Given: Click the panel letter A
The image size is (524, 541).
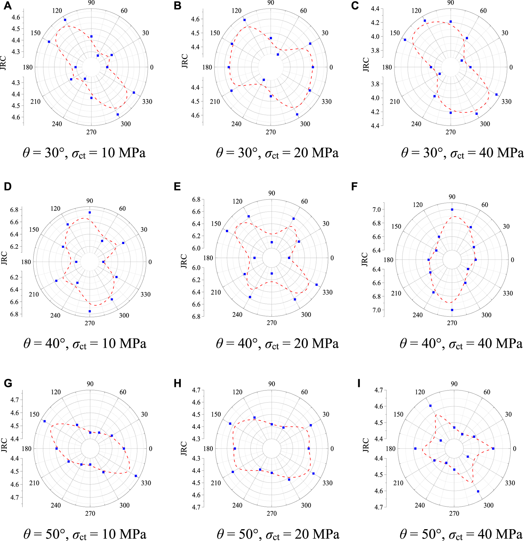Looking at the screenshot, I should pos(8,6).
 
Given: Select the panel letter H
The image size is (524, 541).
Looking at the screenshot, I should pos(177,383).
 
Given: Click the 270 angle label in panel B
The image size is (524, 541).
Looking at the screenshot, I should pos(271,132).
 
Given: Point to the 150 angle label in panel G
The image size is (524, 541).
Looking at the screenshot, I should pos(34,414).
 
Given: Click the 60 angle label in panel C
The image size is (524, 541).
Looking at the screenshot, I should pos(483,11).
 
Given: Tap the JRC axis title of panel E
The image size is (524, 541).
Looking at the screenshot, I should pos(184,261).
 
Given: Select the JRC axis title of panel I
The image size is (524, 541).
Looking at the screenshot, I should pos(366,445).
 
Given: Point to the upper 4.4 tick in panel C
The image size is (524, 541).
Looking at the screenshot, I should pos(375,9).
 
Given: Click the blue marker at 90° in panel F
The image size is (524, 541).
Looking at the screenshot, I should pos(452,209).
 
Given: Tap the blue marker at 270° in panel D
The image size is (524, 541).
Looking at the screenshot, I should pos(90,311).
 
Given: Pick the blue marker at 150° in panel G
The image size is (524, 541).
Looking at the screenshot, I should pos(45,421).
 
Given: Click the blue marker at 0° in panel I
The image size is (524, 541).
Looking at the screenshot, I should pos(493,449).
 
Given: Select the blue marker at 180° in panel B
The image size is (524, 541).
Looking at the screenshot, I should pos(229,67).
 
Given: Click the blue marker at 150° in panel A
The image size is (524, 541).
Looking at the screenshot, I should pos(49,42).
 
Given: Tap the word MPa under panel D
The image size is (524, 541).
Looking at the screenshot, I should pos(132,344).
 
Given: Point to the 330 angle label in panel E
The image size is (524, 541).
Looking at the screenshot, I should pos(327,292).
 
